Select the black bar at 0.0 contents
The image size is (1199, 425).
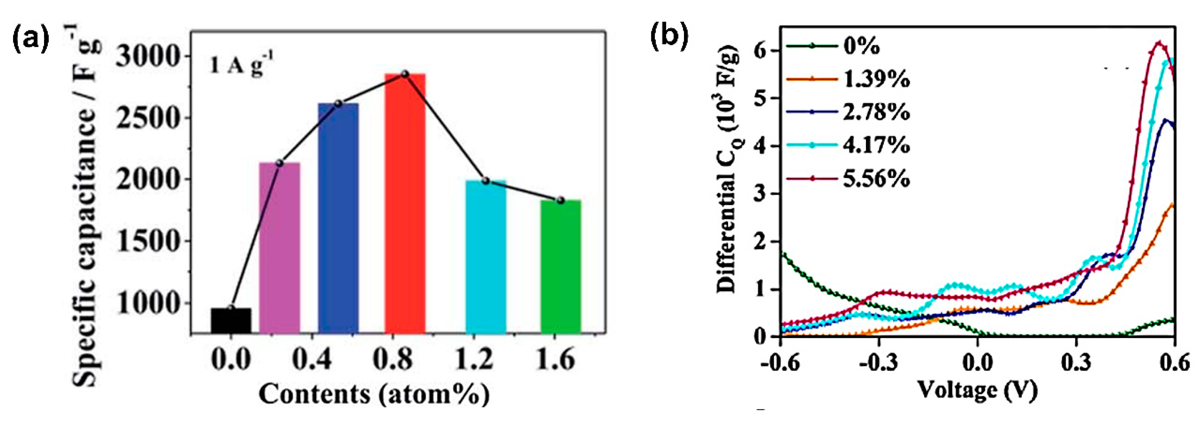pos(231,321)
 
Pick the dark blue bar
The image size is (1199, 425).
pos(338,218)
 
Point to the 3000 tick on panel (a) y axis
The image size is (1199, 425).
pos(147,57)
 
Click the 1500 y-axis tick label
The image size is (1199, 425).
pos(147,241)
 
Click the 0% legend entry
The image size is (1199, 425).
pos(861,46)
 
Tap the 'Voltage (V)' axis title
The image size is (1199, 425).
pos(977,390)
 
